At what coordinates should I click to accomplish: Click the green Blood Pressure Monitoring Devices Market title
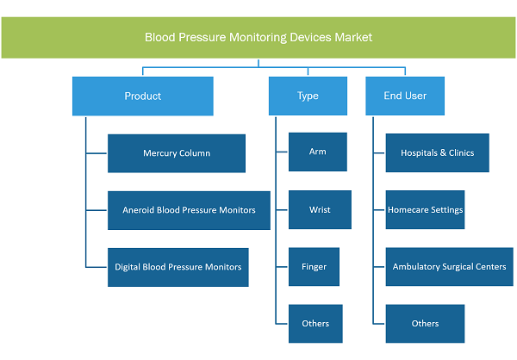pyautogui.click(x=258, y=38)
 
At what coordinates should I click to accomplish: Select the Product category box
pyautogui.click(x=143, y=96)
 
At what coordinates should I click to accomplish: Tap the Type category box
pyautogui.click(x=308, y=96)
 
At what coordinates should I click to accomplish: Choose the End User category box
pyautogui.click(x=405, y=96)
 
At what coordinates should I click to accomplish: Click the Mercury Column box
pyautogui.click(x=177, y=153)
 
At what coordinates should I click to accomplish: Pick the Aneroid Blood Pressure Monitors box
pyautogui.click(x=189, y=210)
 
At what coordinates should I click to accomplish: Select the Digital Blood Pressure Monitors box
pyautogui.click(x=178, y=267)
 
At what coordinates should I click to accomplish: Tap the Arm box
pyautogui.click(x=318, y=152)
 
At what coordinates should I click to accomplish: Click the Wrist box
pyautogui.click(x=320, y=209)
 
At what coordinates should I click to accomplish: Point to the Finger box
pyautogui.click(x=314, y=267)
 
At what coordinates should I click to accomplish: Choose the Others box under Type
pyautogui.click(x=315, y=324)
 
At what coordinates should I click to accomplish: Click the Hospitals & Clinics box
pyautogui.click(x=437, y=152)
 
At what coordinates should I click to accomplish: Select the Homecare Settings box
pyautogui.click(x=425, y=209)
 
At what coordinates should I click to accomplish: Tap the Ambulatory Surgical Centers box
pyautogui.click(x=450, y=267)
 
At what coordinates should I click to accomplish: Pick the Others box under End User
pyautogui.click(x=425, y=324)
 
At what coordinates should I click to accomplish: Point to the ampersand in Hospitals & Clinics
pyautogui.click(x=443, y=152)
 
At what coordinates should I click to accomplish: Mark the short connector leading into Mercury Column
pyautogui.click(x=97, y=153)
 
